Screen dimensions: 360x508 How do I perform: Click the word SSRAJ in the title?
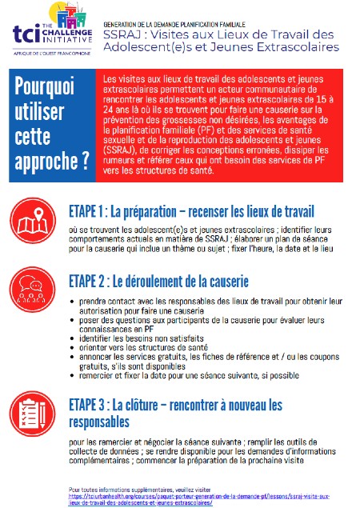[x=124, y=33]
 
